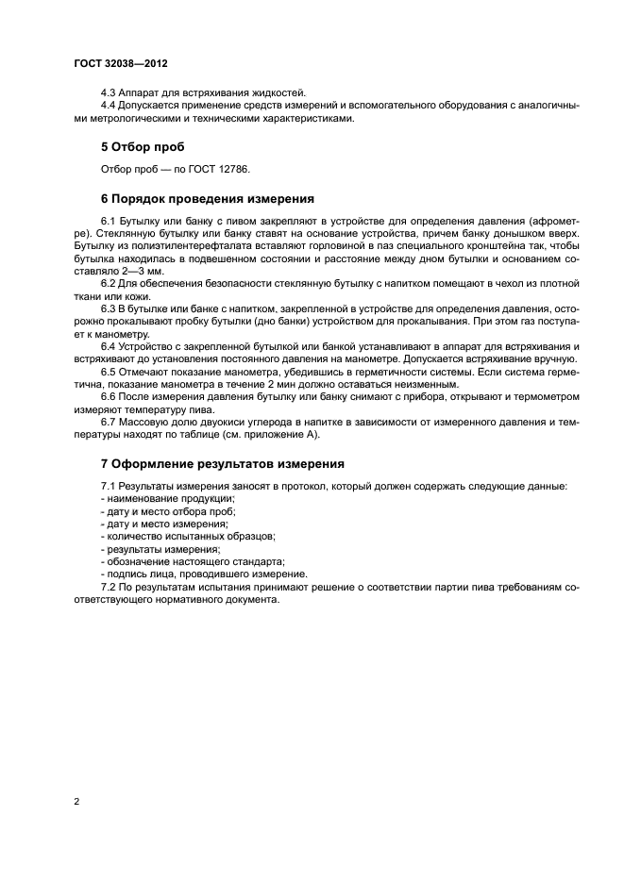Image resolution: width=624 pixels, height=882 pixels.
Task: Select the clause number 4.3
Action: point(109,92)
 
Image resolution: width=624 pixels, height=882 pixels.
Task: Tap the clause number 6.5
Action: point(109,370)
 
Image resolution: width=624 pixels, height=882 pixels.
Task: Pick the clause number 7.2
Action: point(109,587)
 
